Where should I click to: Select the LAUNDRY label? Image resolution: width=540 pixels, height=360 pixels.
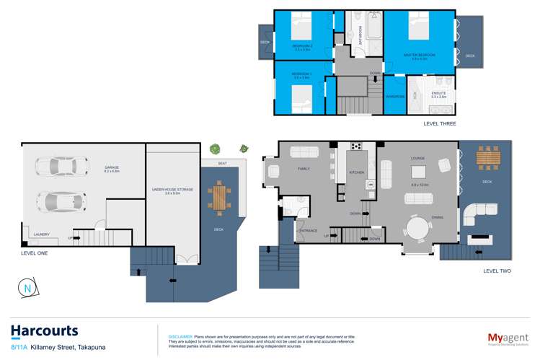click(x=41, y=234)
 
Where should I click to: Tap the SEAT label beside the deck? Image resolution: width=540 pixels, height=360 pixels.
click(x=222, y=164)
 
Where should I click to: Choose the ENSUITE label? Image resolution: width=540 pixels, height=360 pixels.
click(x=438, y=93)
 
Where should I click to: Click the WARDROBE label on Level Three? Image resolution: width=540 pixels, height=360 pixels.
click(x=394, y=96)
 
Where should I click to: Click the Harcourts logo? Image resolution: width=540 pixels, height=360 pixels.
click(x=44, y=332)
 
